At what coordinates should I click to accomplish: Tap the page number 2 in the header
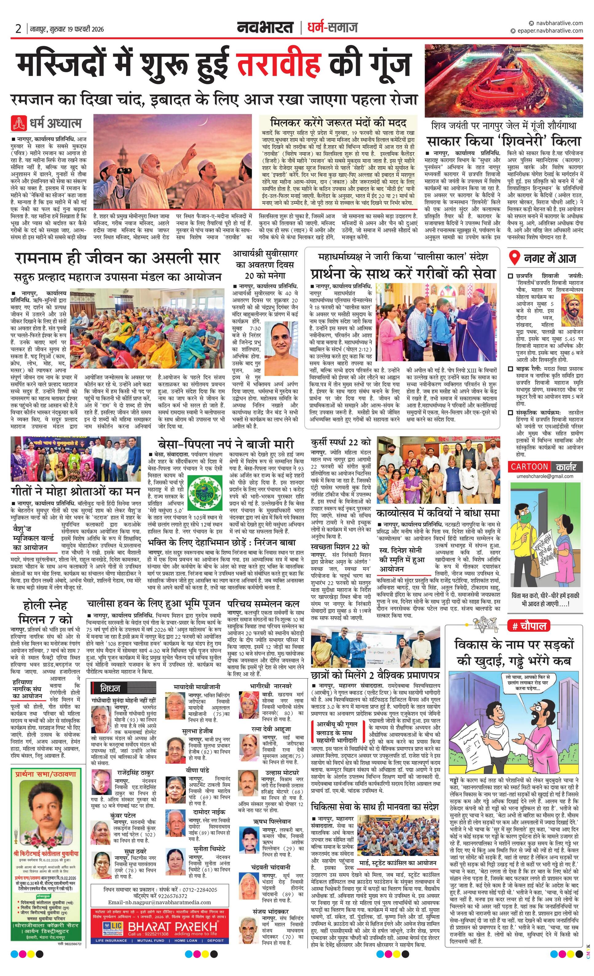point(18,29)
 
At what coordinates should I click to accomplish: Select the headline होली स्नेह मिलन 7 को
point(46,612)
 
